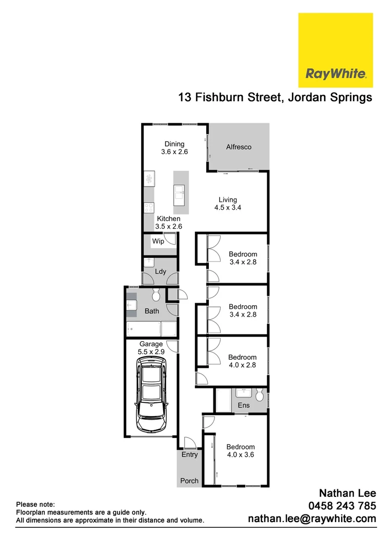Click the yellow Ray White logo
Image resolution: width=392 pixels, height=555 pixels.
click(x=336, y=50)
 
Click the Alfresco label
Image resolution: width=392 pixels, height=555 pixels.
click(x=239, y=147)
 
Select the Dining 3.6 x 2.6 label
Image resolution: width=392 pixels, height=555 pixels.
click(x=174, y=148)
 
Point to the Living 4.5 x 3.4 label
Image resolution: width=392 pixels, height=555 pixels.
click(x=228, y=204)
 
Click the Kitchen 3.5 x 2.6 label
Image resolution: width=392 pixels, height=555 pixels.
click(x=169, y=223)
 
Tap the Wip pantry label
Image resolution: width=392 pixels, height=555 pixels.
click(x=158, y=241)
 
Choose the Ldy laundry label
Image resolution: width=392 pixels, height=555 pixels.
click(x=161, y=271)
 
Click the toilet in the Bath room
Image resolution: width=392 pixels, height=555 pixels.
click(x=156, y=295)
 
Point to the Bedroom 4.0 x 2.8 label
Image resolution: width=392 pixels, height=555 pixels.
click(x=242, y=361)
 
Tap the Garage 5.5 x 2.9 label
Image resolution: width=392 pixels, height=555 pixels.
click(x=151, y=348)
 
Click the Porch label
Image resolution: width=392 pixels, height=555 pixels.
click(x=189, y=481)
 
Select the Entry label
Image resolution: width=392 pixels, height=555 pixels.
click(x=189, y=455)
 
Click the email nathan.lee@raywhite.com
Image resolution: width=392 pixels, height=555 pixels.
click(x=312, y=519)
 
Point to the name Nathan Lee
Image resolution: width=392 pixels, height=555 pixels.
click(x=348, y=493)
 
